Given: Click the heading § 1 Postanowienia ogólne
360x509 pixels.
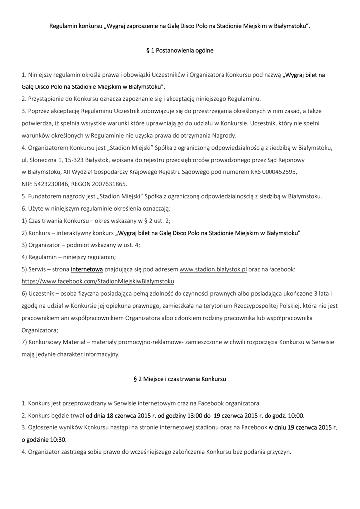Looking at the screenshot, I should (x=180, y=50).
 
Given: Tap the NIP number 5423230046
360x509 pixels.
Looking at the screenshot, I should (x=51, y=184).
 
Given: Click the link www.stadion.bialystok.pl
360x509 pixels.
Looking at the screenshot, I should (x=213, y=269).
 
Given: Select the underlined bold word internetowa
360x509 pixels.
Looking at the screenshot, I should (x=87, y=269).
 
